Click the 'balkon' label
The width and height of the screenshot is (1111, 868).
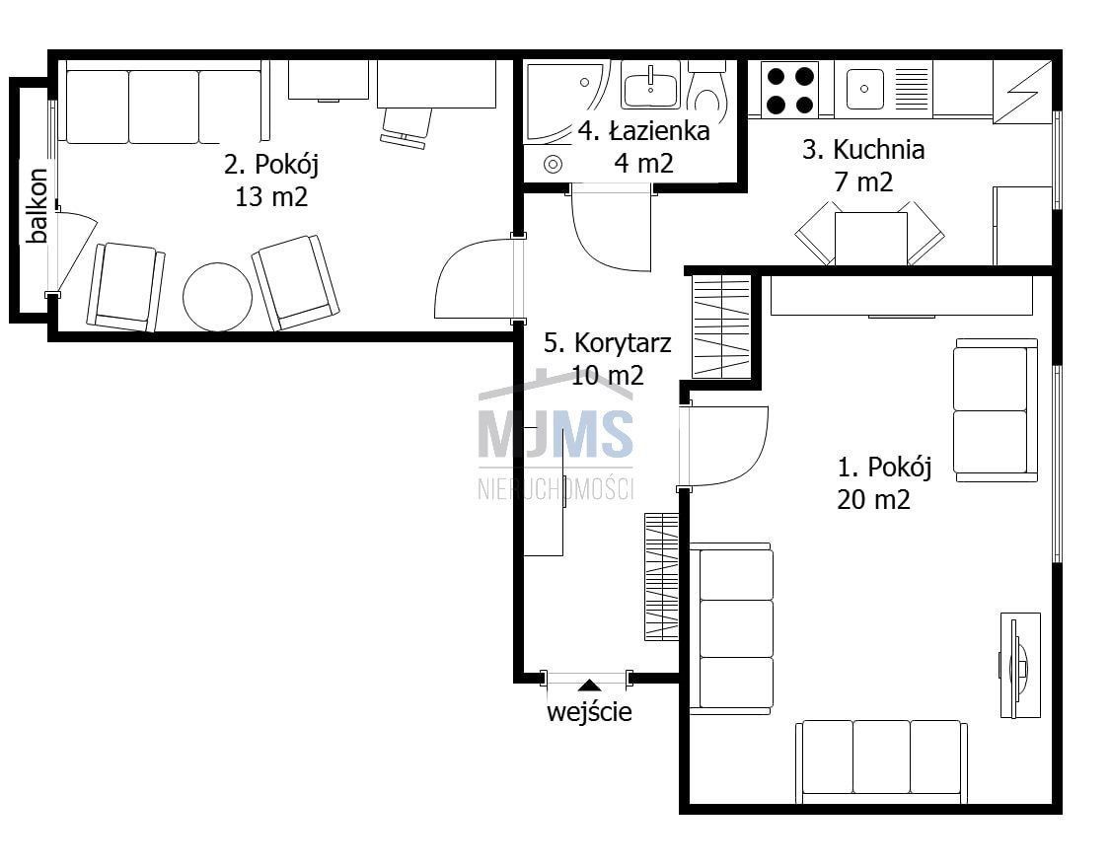[37, 205]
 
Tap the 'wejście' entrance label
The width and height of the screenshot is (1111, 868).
[589, 711]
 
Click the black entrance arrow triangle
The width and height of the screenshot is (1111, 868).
[589, 685]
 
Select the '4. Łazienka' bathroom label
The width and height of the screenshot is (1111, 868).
[643, 131]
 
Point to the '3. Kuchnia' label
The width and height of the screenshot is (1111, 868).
[863, 150]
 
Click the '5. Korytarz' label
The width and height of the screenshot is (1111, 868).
[607, 343]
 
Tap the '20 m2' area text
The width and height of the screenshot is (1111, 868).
[873, 500]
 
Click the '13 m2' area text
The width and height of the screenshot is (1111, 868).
[271, 196]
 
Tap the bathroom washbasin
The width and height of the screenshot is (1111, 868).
[650, 84]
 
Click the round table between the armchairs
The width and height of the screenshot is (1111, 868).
[217, 297]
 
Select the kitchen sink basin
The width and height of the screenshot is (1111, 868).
[864, 90]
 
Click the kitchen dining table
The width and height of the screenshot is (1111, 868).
[871, 239]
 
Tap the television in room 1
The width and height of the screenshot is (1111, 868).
[1019, 666]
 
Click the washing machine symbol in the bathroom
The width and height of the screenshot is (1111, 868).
[553, 165]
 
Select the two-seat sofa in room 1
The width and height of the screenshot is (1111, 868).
[996, 410]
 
